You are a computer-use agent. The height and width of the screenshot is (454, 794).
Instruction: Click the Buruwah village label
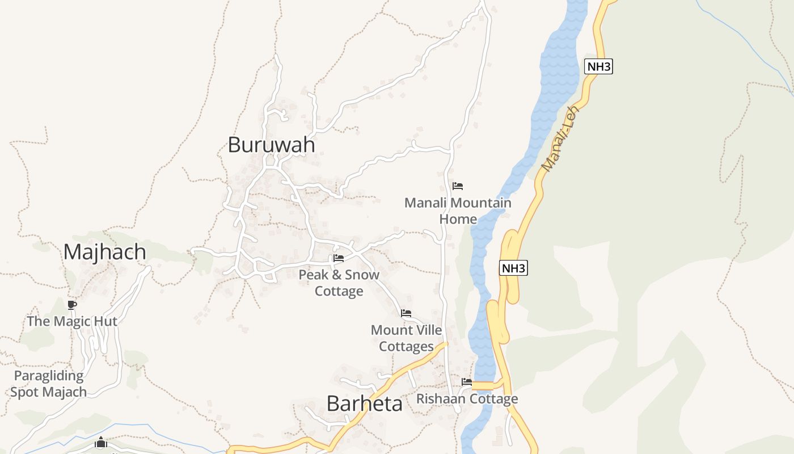tap(271, 145)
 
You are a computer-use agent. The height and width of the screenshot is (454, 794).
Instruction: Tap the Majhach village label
tap(104, 252)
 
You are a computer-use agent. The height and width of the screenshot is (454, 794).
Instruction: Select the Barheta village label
tap(365, 403)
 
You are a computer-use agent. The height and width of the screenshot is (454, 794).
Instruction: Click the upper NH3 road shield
tap(598, 66)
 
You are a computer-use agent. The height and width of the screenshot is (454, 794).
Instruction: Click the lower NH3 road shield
tap(513, 268)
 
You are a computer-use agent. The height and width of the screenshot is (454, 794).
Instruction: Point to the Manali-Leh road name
tap(561, 138)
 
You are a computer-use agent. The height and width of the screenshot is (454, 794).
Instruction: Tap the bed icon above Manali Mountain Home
tap(458, 186)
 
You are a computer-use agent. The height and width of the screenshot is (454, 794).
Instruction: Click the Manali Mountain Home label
tap(458, 211)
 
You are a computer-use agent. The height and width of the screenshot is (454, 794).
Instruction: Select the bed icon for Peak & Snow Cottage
tap(339, 258)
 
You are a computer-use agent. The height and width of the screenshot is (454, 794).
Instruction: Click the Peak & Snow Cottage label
tap(339, 283)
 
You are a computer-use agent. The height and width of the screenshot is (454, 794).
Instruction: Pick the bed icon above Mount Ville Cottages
tap(406, 313)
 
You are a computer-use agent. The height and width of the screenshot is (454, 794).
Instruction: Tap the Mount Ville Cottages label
tap(406, 338)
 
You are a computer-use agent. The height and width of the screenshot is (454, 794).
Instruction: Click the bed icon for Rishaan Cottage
tap(467, 382)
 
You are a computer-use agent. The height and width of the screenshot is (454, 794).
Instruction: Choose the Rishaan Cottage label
tap(467, 399)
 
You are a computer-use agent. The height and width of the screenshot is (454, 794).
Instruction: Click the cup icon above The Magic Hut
tap(72, 305)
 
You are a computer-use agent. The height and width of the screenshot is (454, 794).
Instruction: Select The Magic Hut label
tap(72, 321)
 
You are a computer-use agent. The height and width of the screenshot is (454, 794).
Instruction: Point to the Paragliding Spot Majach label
tap(49, 384)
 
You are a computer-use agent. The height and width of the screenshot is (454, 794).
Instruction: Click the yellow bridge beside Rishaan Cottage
tap(483, 386)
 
